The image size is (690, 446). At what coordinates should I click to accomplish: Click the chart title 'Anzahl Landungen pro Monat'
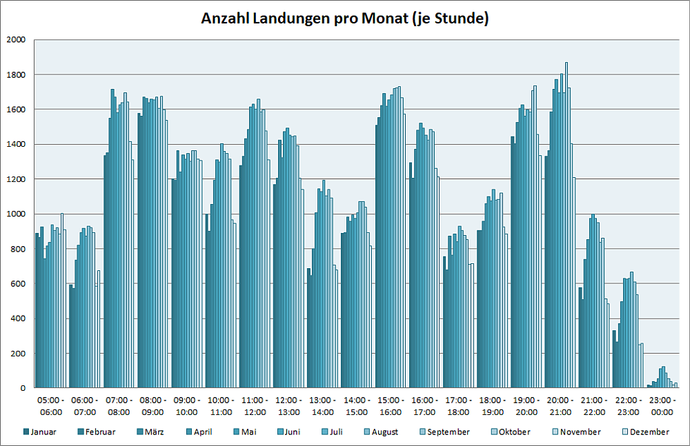coord(344,19)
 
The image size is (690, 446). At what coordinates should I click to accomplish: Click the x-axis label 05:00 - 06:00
coord(51,406)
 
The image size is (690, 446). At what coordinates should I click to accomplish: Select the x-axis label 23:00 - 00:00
coord(662,406)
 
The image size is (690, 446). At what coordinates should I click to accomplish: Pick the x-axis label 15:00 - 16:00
coord(391,406)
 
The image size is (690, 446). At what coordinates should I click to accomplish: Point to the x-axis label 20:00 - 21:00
coord(560,406)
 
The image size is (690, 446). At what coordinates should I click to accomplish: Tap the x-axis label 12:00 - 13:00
coord(288,406)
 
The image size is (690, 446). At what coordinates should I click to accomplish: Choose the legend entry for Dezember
coord(646,432)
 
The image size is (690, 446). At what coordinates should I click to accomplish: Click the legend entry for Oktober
coord(510,432)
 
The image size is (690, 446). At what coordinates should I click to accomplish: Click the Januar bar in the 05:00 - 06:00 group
coord(37,310)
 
